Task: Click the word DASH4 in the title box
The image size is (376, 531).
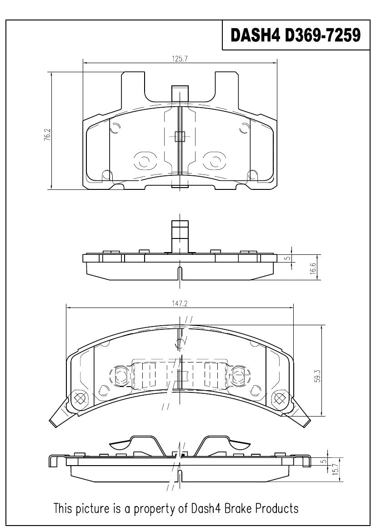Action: point(255,35)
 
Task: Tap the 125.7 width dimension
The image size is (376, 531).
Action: point(180,59)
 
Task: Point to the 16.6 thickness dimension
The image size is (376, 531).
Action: point(313,269)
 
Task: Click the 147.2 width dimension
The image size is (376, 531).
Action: point(180,304)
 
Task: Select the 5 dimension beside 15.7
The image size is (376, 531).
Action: point(324,461)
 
